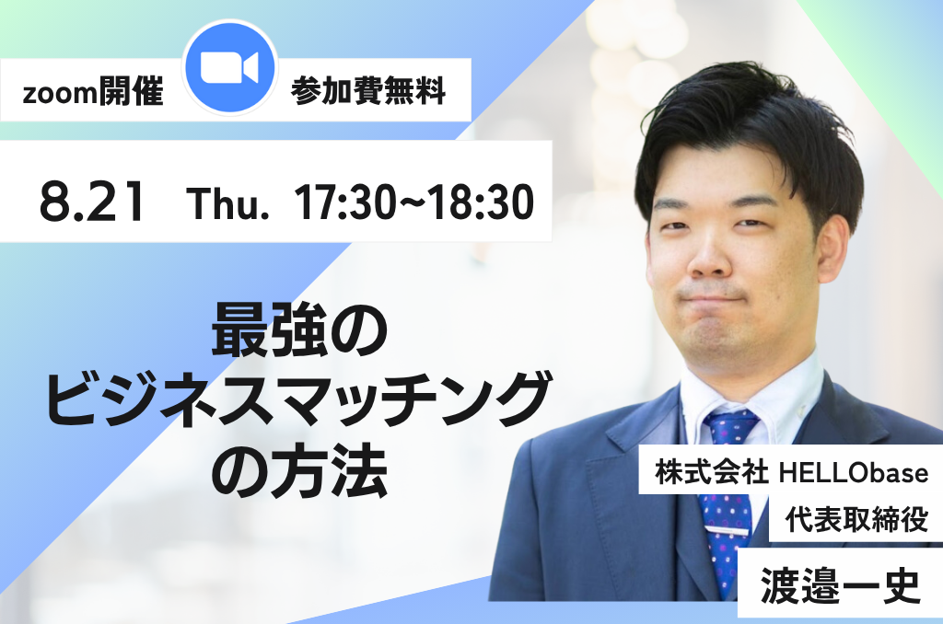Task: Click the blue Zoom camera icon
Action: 229,67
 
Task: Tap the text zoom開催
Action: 93,93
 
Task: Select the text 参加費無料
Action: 368,92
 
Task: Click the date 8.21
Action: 92,201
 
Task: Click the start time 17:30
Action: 345,202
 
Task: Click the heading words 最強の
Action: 299,330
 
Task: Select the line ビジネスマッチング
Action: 297,399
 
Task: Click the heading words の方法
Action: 299,469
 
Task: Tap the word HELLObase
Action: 854,472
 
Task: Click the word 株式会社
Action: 712,472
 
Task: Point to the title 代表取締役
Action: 856,519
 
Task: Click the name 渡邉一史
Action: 840,585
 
